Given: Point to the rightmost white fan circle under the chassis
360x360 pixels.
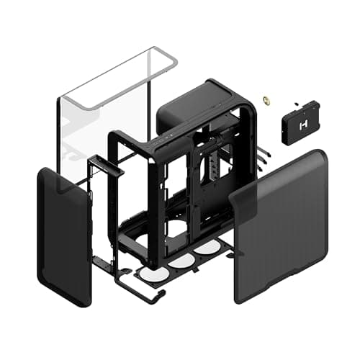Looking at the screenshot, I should (207, 247).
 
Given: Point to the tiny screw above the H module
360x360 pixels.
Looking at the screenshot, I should (297, 102).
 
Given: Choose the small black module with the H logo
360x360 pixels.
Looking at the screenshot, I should (301, 123).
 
